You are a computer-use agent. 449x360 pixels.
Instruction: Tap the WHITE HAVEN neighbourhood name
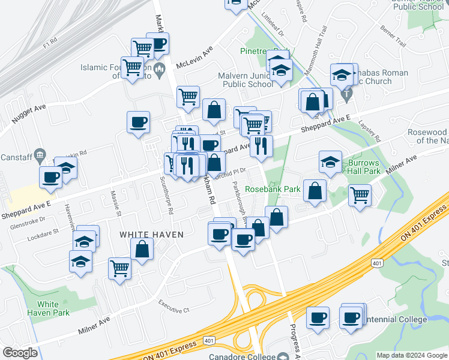[x=151, y=235]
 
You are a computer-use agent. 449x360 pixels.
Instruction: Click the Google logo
[x=20, y=353]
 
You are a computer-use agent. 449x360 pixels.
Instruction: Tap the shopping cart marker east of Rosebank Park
[x=360, y=194]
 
